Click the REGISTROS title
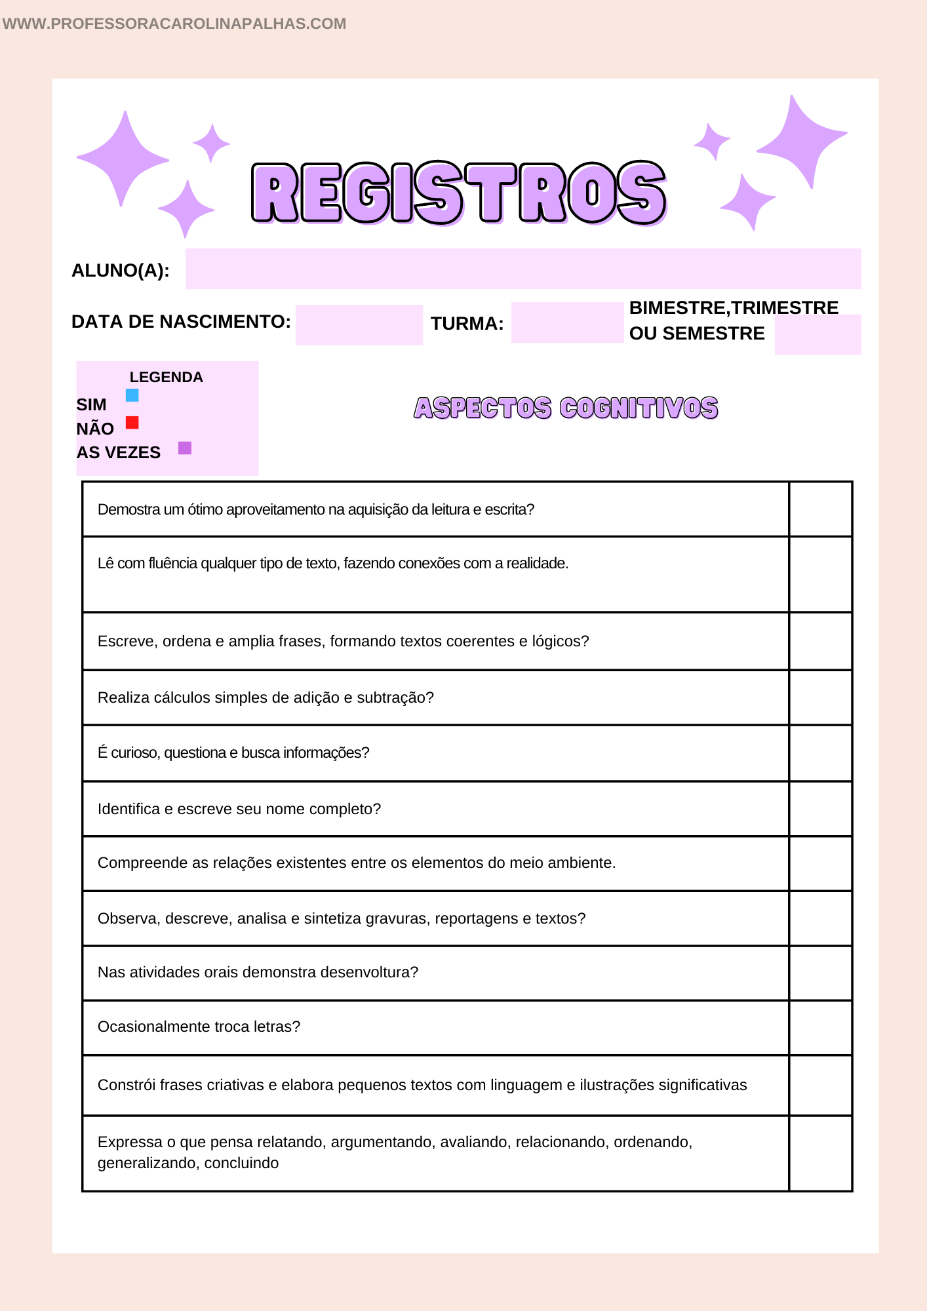(459, 193)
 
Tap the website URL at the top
(174, 24)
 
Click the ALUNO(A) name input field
(523, 269)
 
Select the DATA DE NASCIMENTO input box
(359, 324)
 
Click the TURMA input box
(567, 323)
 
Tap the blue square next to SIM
(132, 395)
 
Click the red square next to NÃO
(132, 422)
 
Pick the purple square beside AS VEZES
(185, 448)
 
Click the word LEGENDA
(166, 377)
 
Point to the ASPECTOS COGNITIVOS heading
(566, 408)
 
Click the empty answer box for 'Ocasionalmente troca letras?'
(820, 1027)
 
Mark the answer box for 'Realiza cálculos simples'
(820, 697)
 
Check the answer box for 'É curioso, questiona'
(820, 753)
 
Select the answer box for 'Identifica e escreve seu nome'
(820, 809)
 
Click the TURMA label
(467, 324)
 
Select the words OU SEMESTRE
(696, 334)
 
